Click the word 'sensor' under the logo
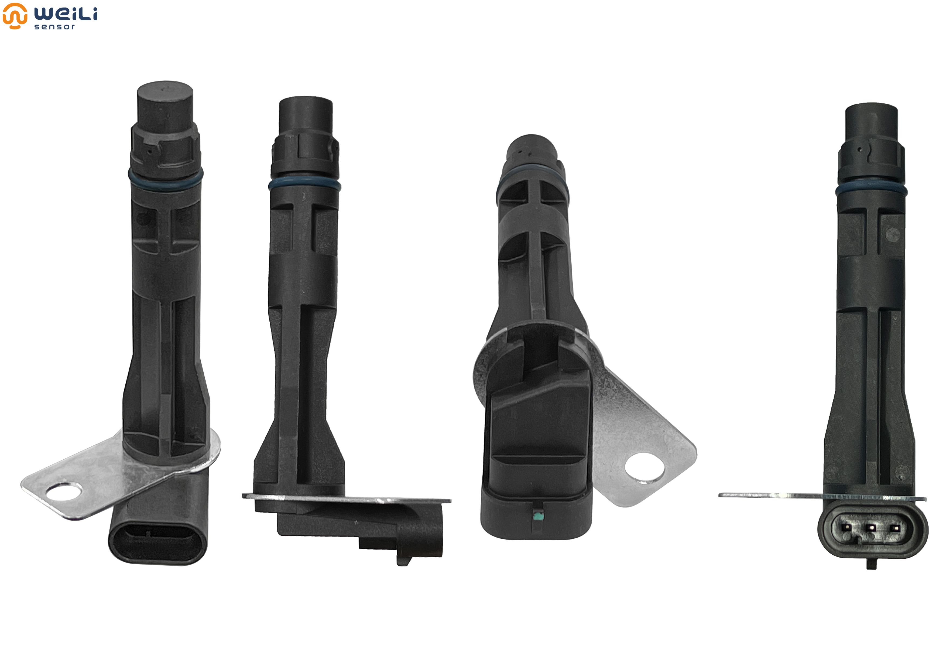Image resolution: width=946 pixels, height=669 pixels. [x=54, y=27]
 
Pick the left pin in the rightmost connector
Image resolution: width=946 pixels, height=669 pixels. [x=847, y=527]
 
